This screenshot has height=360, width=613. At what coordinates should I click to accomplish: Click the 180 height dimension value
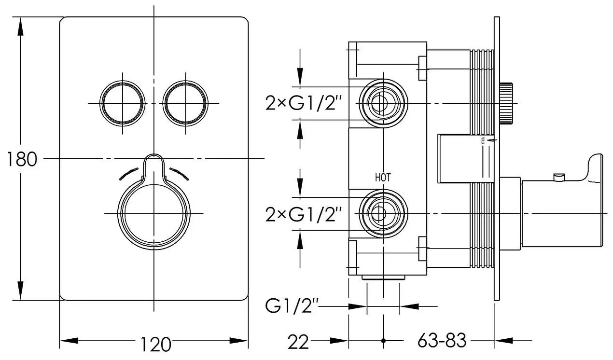[x=22, y=159]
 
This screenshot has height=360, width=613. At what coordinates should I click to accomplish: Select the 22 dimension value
[x=298, y=342]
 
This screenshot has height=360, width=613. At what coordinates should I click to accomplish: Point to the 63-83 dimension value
[x=442, y=341]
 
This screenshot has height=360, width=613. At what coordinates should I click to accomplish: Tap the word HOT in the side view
[x=383, y=178]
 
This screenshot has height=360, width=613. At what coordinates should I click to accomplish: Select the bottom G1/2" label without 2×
[x=293, y=306]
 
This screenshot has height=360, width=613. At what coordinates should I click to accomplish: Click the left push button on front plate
[x=123, y=103]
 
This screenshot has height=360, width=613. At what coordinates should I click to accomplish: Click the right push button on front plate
[x=186, y=103]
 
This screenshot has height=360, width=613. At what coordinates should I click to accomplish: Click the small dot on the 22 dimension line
[x=383, y=341]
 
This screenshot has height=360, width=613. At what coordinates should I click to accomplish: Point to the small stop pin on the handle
[x=559, y=177]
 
